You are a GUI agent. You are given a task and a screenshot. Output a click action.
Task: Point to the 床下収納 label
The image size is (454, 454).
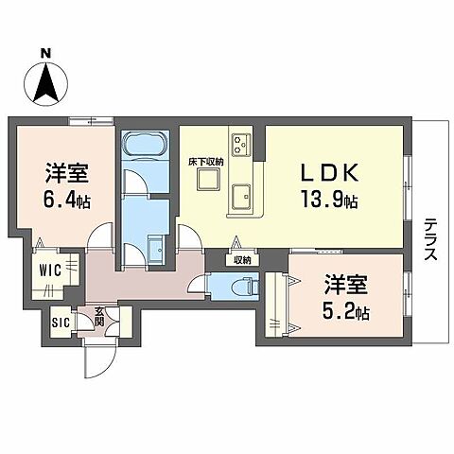tap(205, 162)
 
